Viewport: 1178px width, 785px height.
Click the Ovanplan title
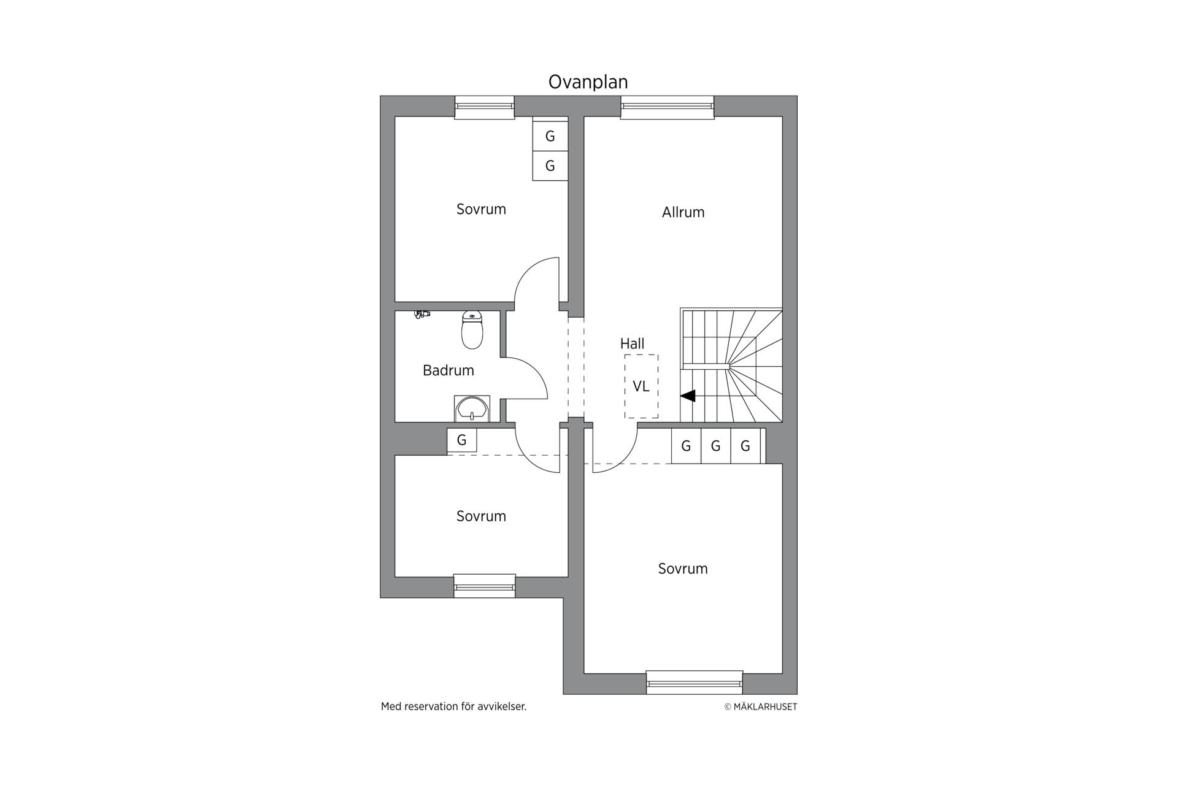(x=588, y=82)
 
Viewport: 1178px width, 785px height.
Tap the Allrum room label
(x=683, y=212)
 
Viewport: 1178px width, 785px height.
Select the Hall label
(x=632, y=343)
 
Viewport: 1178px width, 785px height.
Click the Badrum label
(x=448, y=370)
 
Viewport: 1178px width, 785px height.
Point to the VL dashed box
(x=641, y=386)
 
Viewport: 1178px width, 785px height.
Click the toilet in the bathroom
(x=472, y=329)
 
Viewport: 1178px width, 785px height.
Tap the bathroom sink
(x=472, y=408)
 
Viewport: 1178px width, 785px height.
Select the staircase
(x=731, y=366)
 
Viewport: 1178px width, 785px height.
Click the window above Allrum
(x=668, y=107)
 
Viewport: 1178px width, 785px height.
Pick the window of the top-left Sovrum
(x=484, y=107)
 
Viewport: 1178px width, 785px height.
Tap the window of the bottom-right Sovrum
(x=695, y=683)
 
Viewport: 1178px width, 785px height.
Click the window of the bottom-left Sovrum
(x=484, y=586)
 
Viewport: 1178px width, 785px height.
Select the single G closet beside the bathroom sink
(x=462, y=440)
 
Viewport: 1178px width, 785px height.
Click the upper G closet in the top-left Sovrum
(x=550, y=136)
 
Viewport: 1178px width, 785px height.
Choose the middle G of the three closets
(x=715, y=446)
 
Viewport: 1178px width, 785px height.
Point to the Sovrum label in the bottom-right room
(x=683, y=569)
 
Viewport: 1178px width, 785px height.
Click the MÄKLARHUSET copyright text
(x=761, y=706)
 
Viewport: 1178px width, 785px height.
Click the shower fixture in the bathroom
(x=422, y=314)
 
